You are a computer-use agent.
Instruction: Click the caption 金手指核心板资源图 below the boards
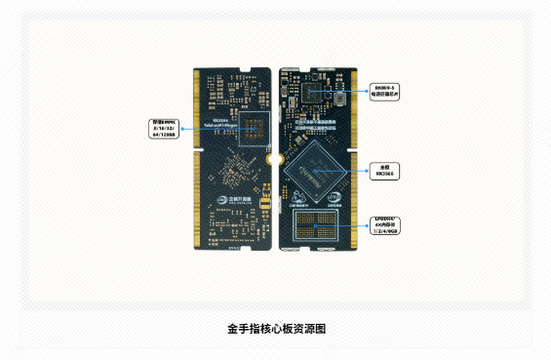click(x=275, y=330)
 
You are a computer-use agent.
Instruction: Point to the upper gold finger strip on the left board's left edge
click(x=199, y=108)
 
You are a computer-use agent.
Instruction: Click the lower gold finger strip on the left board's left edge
click(x=199, y=199)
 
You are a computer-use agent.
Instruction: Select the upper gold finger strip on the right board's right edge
click(x=353, y=108)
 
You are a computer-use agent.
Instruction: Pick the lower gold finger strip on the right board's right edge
click(x=353, y=200)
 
